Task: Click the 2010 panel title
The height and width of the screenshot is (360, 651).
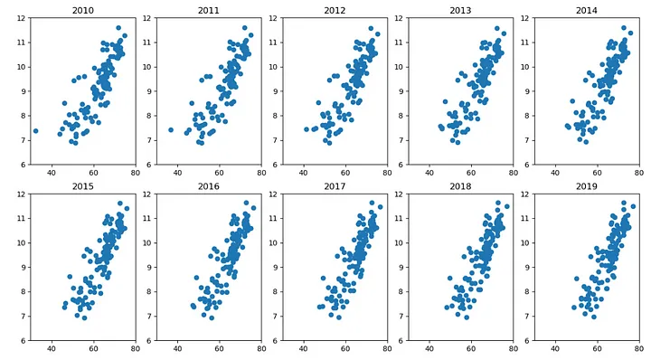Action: coord(81,12)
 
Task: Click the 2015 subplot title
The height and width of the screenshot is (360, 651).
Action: coord(81,186)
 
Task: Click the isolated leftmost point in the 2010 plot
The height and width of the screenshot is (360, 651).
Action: coord(35,131)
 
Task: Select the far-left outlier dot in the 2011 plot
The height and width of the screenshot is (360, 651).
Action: coord(170,130)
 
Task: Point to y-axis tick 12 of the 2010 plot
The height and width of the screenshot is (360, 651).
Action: coord(19,17)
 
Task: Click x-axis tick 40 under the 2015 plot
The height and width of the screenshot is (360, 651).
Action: coord(52,349)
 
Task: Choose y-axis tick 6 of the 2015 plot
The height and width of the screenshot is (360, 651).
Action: coord(21,340)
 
